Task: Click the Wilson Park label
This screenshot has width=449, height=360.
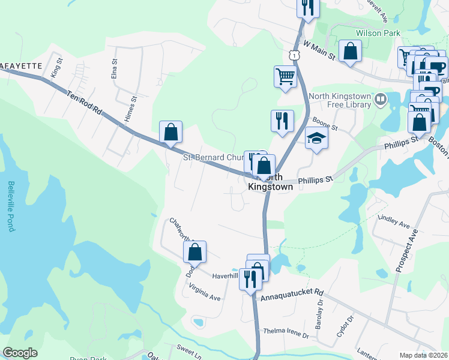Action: click(x=378, y=33)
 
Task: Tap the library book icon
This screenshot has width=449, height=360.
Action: click(x=380, y=100)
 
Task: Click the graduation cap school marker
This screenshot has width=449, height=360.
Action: click(x=317, y=139)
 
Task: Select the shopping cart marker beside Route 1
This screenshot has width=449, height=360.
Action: click(x=285, y=76)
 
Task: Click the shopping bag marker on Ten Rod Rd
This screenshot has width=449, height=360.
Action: click(x=170, y=131)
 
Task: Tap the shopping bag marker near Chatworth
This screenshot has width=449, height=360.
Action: click(x=194, y=252)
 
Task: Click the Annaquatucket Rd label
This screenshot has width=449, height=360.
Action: click(x=291, y=295)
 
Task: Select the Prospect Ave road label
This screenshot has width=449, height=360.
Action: click(x=406, y=251)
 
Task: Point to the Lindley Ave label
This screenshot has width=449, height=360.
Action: click(x=393, y=222)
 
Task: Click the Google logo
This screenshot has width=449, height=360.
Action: click(x=20, y=353)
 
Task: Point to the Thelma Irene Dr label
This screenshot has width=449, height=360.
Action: click(x=286, y=333)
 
